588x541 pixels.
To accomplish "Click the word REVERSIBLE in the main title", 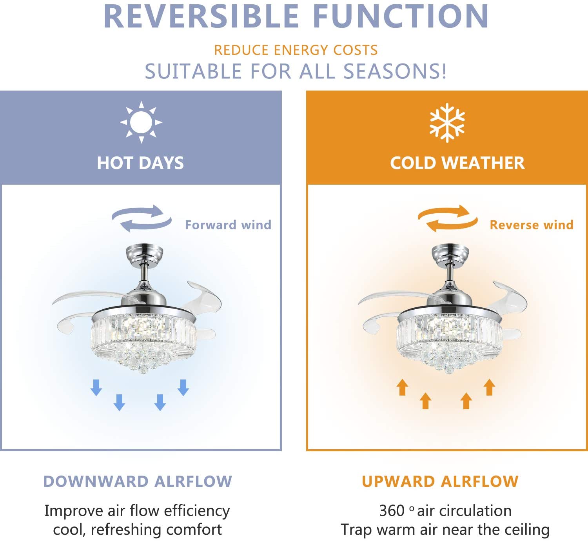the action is [x=201, y=16].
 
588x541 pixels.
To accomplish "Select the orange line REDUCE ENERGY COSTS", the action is [x=296, y=50].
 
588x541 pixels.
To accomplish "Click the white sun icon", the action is [x=141, y=122].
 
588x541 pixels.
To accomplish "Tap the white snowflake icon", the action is [x=447, y=123].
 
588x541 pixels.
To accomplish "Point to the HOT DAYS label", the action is [x=140, y=163].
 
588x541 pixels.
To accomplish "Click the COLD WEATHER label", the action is [x=457, y=163].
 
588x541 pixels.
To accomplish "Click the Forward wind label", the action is [x=228, y=225].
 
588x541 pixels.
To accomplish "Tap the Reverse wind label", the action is [x=532, y=225].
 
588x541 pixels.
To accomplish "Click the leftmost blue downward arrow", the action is [x=96, y=388].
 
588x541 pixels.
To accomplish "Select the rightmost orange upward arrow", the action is [x=489, y=387].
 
